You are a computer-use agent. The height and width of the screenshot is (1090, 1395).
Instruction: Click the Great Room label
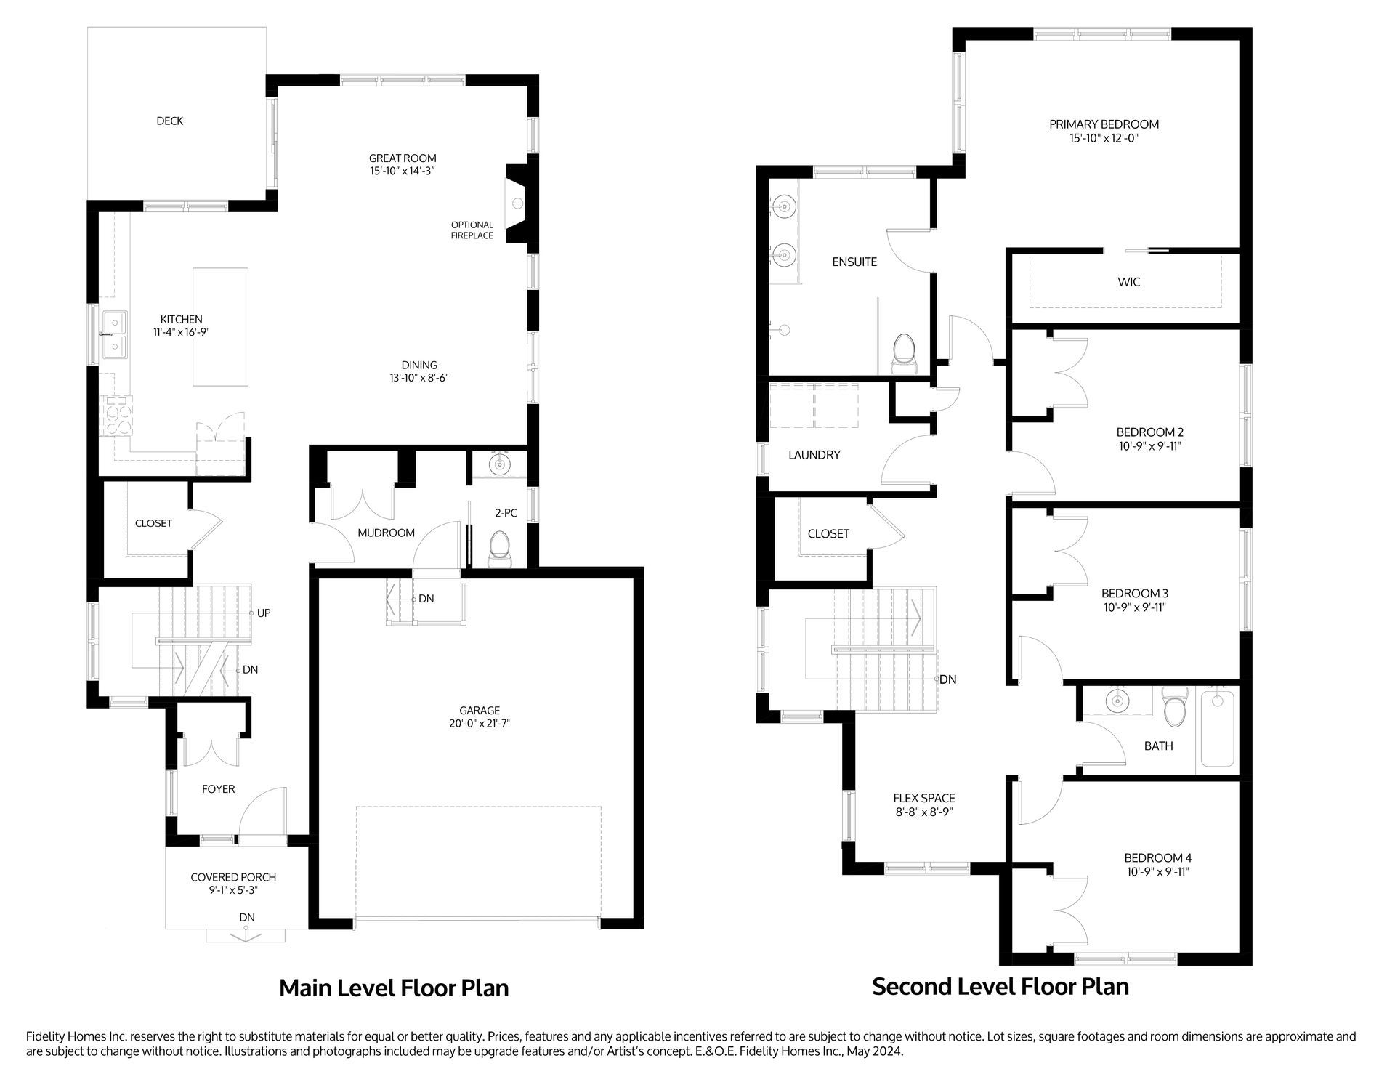click(x=403, y=158)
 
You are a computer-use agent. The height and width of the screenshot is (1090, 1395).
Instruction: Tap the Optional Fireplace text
click(x=472, y=230)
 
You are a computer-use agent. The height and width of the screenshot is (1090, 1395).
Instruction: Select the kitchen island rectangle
click(x=220, y=326)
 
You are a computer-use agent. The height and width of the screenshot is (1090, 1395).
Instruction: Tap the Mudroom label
click(x=386, y=533)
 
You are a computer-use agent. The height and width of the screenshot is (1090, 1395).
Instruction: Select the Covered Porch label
click(x=233, y=877)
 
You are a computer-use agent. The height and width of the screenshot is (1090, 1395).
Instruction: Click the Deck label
click(x=170, y=121)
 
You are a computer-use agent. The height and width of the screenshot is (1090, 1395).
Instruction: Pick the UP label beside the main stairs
click(x=264, y=613)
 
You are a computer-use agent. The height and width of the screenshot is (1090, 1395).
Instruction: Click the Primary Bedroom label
click(x=1104, y=124)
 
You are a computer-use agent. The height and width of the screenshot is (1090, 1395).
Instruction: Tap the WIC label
click(x=1128, y=282)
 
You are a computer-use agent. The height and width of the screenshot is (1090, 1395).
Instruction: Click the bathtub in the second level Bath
click(x=1218, y=729)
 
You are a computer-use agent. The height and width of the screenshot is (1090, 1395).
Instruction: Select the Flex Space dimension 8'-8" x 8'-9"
click(x=924, y=812)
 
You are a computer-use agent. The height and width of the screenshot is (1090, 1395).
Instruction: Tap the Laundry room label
click(x=814, y=455)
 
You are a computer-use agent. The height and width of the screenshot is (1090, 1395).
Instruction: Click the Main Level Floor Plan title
click(x=394, y=988)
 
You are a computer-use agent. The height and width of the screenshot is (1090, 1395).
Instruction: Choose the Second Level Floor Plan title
click(x=1000, y=987)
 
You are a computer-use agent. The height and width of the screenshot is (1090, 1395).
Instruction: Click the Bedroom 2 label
click(x=1150, y=432)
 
